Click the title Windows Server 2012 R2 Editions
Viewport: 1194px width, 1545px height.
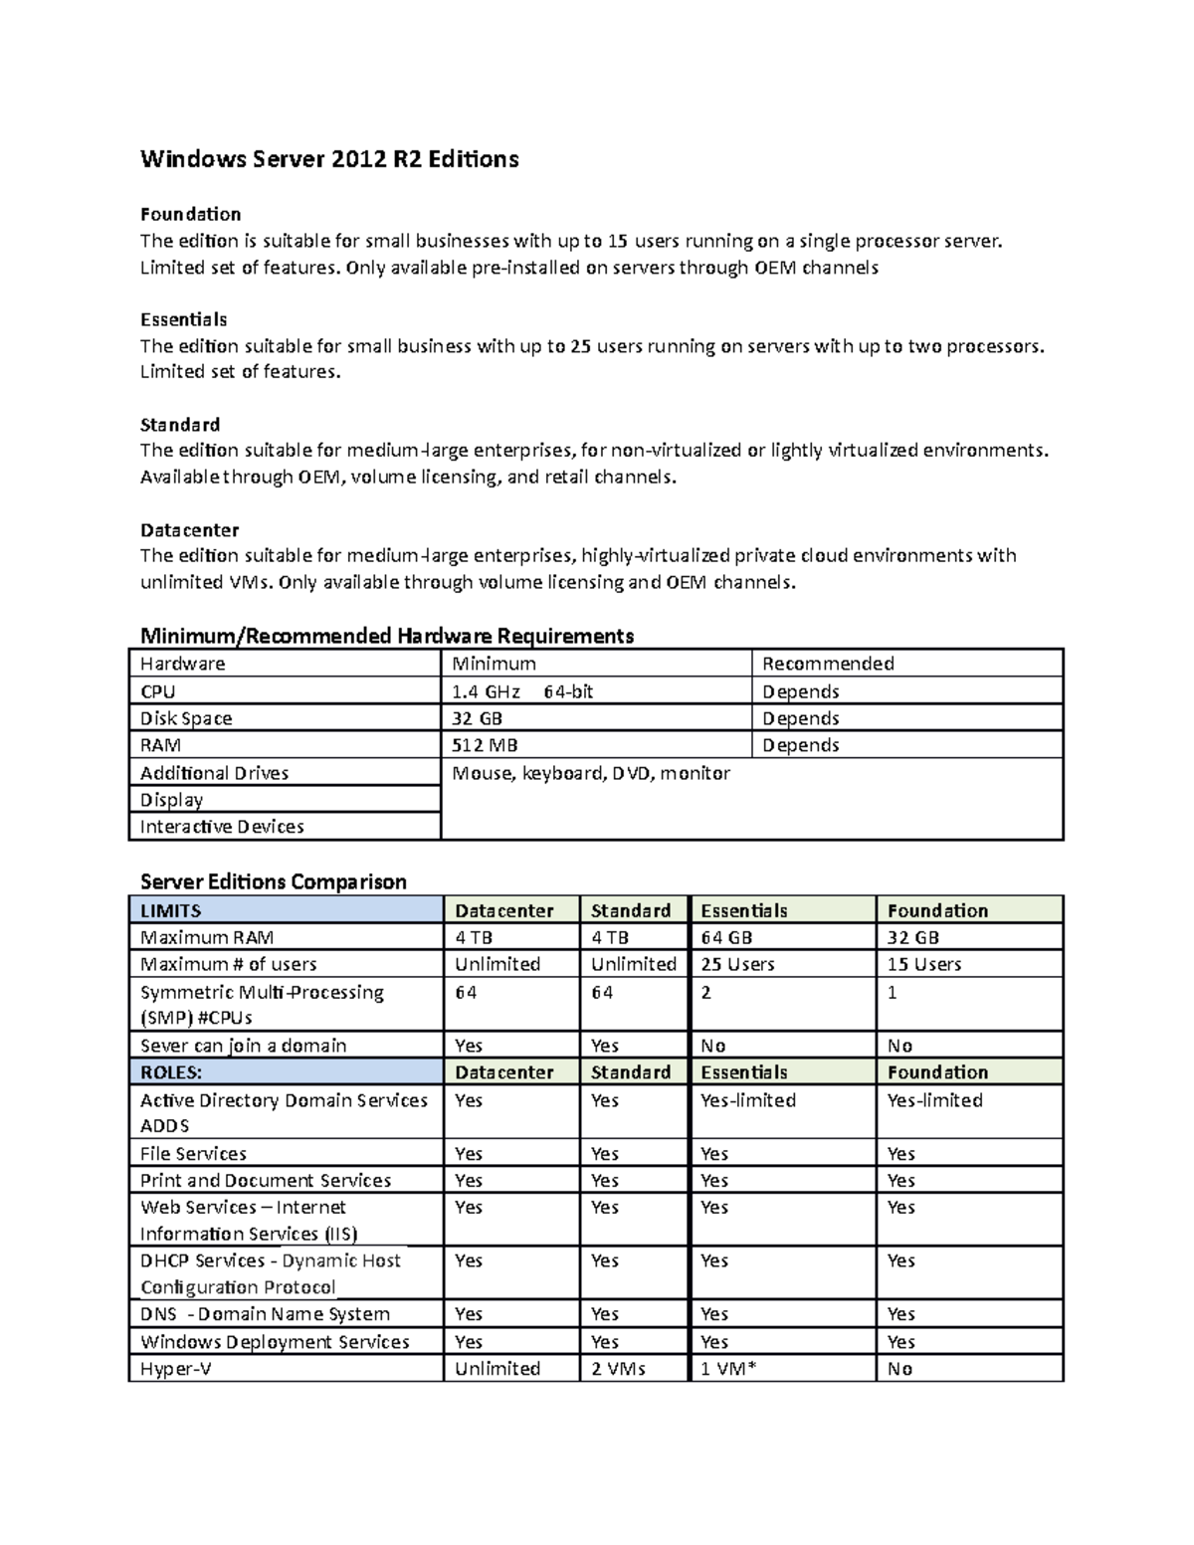coord(329,159)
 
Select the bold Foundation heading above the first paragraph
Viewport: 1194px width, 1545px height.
coord(190,214)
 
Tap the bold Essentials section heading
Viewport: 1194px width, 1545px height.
coord(183,319)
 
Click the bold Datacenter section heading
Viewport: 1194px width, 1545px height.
coord(189,529)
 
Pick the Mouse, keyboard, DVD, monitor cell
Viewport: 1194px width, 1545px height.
coord(591,773)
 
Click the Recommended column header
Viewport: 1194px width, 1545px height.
coord(828,664)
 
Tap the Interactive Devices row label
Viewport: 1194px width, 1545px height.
coord(222,827)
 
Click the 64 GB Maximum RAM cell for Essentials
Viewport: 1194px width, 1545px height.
coord(726,937)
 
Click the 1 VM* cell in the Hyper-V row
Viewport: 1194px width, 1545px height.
coord(728,1369)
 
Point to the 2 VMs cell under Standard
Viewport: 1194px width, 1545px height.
coord(618,1369)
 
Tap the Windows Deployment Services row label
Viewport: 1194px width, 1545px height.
coord(275,1342)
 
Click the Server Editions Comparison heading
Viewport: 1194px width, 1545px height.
coord(274,881)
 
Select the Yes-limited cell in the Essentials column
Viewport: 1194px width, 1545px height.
coord(748,1100)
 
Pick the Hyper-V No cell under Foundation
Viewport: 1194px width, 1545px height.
coord(899,1369)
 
